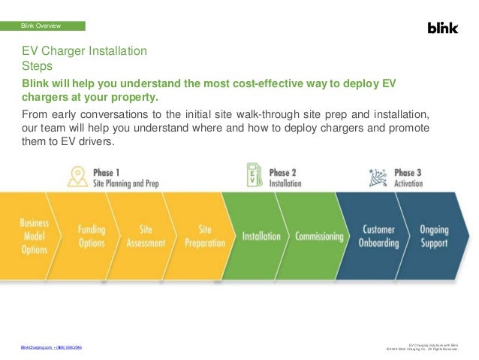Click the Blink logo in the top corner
(x=441, y=28)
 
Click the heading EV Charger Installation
(x=83, y=52)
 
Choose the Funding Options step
(x=91, y=237)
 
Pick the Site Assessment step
(x=146, y=237)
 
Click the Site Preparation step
(x=204, y=237)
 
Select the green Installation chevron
(x=262, y=237)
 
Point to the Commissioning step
(x=319, y=237)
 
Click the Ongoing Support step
(x=434, y=237)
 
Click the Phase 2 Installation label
(x=285, y=177)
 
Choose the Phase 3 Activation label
(x=408, y=177)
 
